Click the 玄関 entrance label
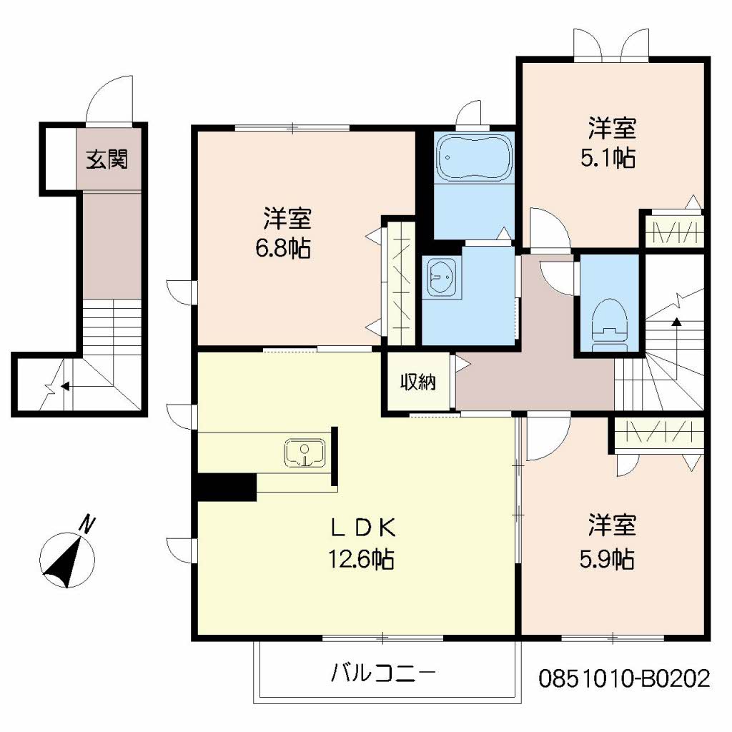[x=107, y=159]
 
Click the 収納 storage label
[x=417, y=382]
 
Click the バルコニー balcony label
[x=383, y=672]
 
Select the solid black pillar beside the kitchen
[x=226, y=488]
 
